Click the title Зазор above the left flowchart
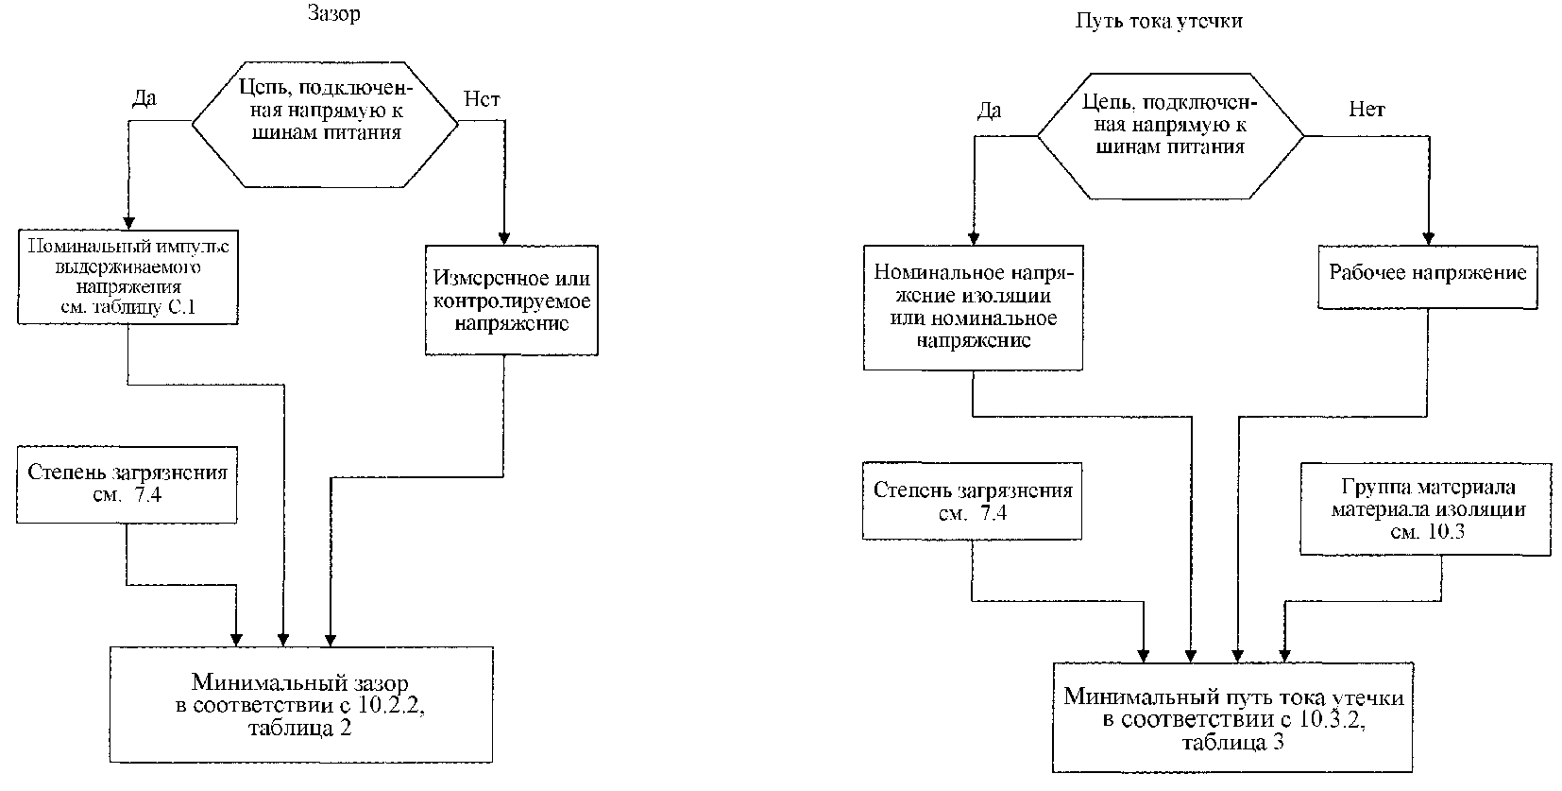334,14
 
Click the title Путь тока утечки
1158,21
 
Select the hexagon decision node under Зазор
325,124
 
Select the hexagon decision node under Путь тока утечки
1171,137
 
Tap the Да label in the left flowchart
144,98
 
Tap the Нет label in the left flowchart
482,99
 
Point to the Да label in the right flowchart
990,111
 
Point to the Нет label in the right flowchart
1367,110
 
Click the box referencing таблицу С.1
127,277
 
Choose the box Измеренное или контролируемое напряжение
512,300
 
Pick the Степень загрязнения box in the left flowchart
127,485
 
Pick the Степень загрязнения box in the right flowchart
972,501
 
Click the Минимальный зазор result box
301,704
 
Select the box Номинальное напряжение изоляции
974,308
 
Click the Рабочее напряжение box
1427,277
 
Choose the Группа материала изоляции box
1426,509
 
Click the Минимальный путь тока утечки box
1232,718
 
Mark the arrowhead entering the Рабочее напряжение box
1428,238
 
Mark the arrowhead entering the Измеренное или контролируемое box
504,238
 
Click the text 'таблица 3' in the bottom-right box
1232,742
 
